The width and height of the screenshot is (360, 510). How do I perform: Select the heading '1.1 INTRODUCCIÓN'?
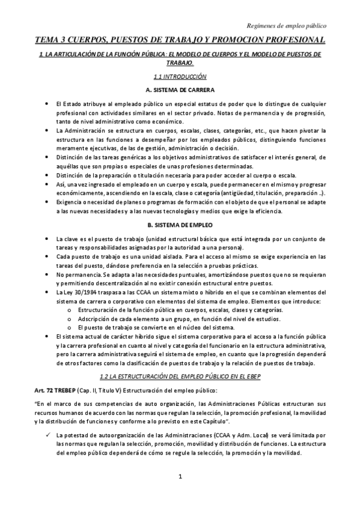click(179, 76)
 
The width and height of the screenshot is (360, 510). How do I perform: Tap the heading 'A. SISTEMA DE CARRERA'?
click(180, 90)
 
